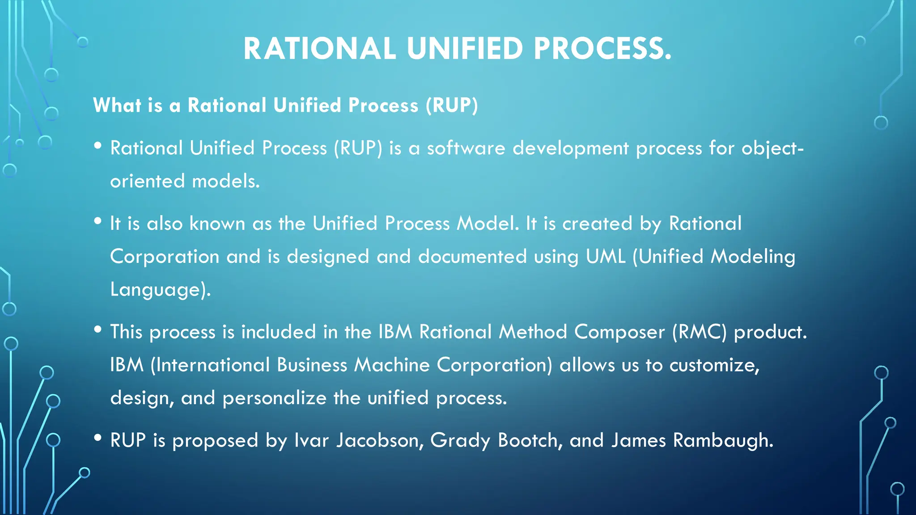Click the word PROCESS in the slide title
pos(602,48)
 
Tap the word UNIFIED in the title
pos(465,48)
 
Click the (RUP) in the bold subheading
pos(452,106)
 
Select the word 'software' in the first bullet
pos(466,148)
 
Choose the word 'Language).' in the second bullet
pos(160,290)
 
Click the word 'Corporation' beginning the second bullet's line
pos(165,257)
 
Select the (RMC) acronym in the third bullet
pos(700,332)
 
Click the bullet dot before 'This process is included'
pos(98,329)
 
